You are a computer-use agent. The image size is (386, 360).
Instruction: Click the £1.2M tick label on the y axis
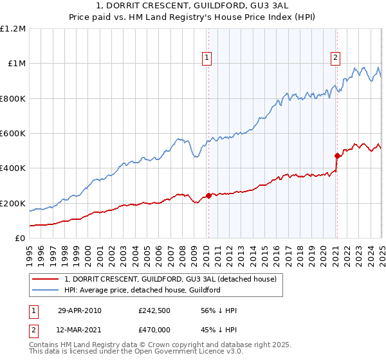pos(13,29)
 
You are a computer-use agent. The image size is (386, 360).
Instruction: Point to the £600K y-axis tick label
pos(13,134)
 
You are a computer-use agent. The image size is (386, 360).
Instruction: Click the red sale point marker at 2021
pos(336,156)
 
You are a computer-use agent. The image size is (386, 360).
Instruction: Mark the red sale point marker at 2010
pos(208,195)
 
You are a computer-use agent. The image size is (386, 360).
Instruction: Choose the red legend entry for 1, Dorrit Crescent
pos(170,279)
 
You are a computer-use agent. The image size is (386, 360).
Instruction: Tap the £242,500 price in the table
pos(154,310)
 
